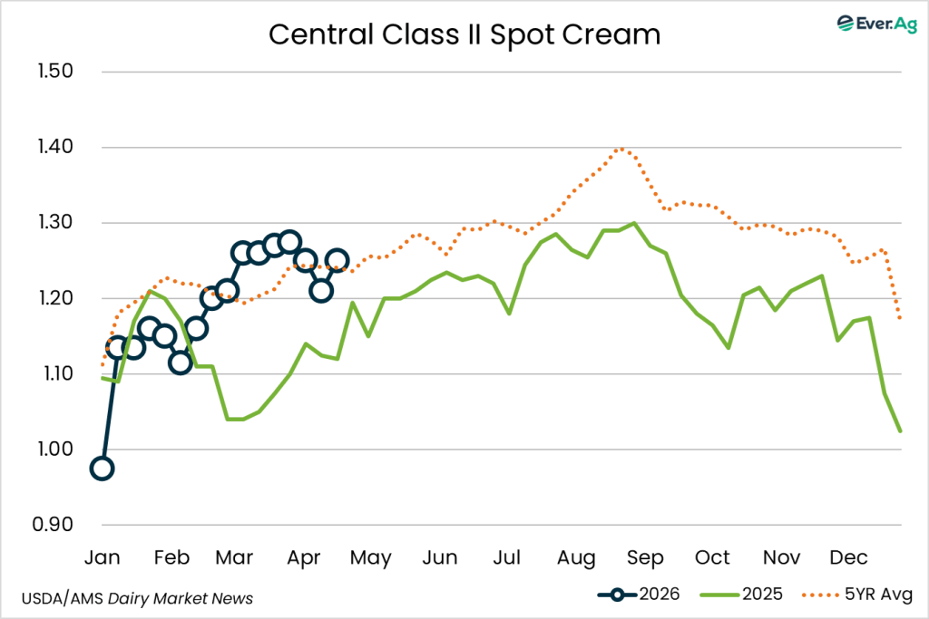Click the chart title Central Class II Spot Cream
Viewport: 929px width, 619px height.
point(464,34)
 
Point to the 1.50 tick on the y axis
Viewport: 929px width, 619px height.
point(55,72)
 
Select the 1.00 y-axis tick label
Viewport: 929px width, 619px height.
point(55,450)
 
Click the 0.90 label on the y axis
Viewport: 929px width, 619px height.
point(55,526)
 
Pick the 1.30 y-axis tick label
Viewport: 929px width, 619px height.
point(55,223)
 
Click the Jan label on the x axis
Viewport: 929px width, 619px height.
point(103,556)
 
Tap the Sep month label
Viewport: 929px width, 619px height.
point(646,556)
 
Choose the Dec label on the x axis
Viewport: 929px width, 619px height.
point(850,556)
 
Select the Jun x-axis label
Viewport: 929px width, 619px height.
point(440,556)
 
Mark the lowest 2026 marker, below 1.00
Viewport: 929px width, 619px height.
point(103,469)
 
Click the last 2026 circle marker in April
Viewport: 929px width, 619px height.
point(337,261)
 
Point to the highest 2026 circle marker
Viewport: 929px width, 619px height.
point(289,242)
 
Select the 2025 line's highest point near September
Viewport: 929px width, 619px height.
point(633,223)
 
